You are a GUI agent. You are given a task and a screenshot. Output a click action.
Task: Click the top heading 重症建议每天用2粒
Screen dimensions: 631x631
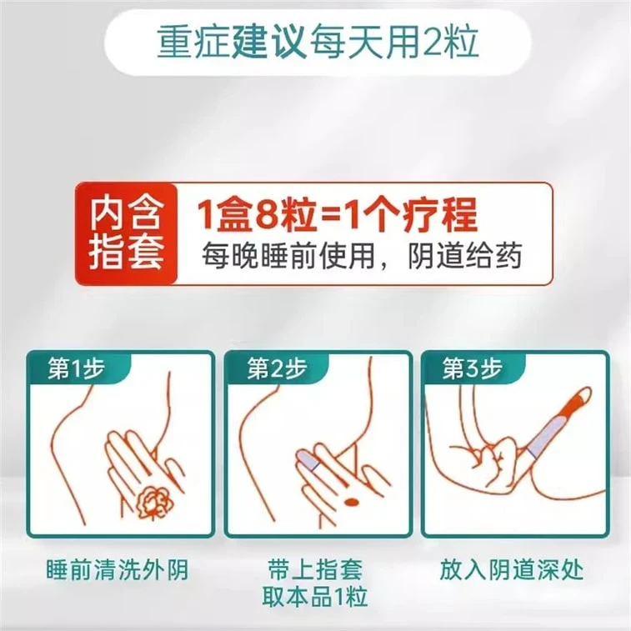click(318, 43)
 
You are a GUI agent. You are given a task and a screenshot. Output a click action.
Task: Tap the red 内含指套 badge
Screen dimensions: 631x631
click(127, 233)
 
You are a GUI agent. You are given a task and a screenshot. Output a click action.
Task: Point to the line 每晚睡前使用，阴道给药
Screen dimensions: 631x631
click(362, 256)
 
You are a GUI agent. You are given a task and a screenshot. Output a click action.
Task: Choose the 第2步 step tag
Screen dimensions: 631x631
click(277, 368)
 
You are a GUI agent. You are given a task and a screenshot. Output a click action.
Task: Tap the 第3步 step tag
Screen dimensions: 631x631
click(473, 368)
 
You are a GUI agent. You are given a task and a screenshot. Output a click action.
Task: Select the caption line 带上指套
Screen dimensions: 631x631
click(315, 569)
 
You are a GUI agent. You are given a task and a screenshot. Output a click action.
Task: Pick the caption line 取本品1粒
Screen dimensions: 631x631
click(315, 597)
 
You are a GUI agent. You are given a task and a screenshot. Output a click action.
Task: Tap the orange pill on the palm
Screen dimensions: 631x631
click(352, 502)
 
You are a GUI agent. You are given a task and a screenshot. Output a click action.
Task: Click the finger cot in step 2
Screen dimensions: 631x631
click(308, 460)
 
